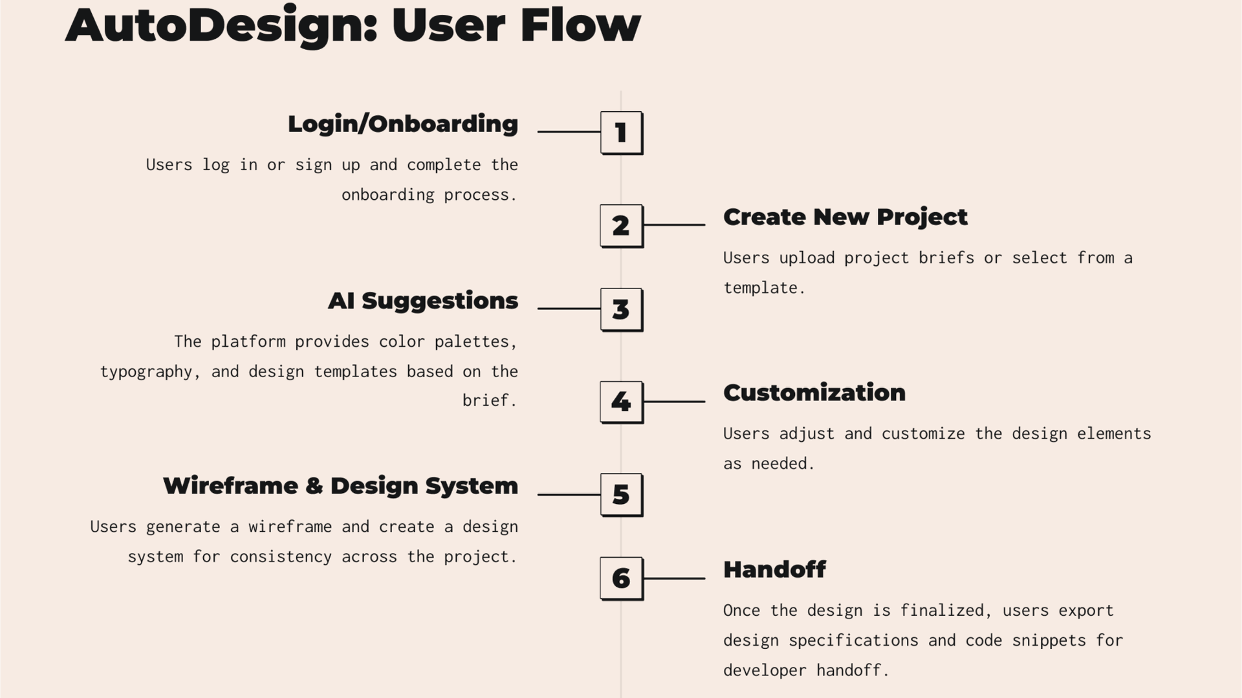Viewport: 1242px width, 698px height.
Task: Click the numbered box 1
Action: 622,133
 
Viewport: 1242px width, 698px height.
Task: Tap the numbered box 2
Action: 622,226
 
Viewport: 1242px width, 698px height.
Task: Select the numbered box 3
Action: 622,309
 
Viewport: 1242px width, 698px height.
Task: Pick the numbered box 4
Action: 622,402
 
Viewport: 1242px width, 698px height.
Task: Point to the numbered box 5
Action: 622,495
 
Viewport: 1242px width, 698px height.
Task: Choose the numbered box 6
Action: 622,578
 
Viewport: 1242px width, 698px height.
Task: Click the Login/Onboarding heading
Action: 403,124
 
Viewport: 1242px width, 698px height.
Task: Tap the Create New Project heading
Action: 845,217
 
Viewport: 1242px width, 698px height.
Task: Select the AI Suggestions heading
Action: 423,300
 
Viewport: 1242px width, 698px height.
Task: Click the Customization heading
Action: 814,393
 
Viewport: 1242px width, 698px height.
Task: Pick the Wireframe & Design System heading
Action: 341,486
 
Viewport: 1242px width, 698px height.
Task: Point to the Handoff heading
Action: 774,569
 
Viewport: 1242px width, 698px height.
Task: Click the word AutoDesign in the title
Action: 221,26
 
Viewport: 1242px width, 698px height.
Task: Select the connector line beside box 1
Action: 569,131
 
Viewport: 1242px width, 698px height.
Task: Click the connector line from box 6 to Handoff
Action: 675,578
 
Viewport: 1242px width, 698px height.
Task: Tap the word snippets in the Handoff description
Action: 1049,640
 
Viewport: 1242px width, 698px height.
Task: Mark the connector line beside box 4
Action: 675,401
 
